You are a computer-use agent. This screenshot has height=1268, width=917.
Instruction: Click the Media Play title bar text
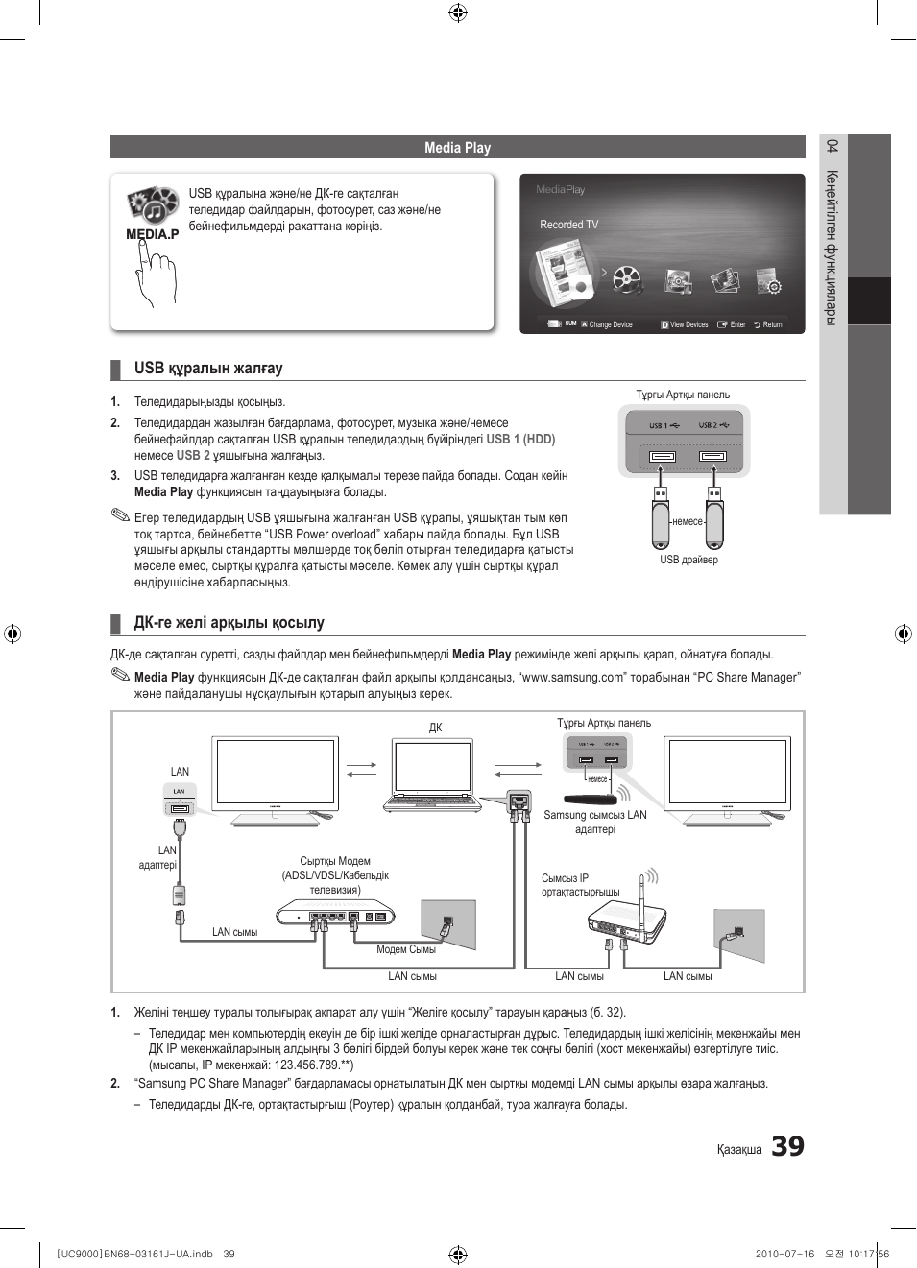coord(457,148)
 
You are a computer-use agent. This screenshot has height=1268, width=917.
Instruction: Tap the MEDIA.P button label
coord(152,234)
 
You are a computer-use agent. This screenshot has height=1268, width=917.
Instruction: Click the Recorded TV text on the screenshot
coord(568,225)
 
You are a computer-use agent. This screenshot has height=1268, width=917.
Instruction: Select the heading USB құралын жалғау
coord(208,369)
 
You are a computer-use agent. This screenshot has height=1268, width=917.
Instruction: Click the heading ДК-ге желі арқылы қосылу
coord(229,623)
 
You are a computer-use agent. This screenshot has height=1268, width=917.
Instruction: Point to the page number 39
coord(787,1146)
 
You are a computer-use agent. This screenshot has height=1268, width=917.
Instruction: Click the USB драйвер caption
coord(688,560)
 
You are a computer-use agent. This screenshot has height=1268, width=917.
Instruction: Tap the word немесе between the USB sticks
coord(687,521)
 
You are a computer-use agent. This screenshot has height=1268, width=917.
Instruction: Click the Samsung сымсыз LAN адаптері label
coord(595,823)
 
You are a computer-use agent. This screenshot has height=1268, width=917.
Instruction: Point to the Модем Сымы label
coord(405,949)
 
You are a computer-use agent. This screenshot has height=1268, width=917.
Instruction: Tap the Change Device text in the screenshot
coord(611,324)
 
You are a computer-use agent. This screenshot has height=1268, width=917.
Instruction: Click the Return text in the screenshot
coord(772,324)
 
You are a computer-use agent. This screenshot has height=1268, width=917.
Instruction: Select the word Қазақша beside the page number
coord(739,1150)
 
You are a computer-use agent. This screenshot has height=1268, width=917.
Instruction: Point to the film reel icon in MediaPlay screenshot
coord(626,279)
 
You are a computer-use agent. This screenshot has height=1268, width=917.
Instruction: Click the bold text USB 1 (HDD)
coord(520,439)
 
